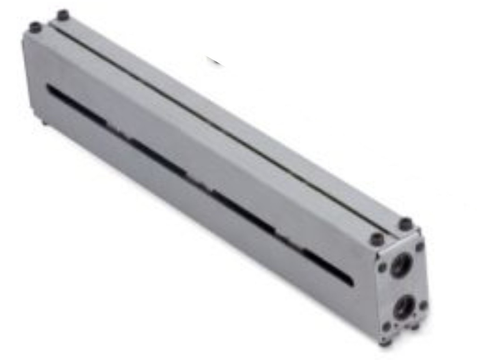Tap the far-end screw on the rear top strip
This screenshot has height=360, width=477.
click(63, 15)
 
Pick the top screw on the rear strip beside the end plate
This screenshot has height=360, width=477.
click(405, 223)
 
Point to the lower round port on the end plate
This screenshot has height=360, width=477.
click(404, 306)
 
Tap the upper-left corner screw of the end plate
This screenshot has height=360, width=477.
click(382, 267)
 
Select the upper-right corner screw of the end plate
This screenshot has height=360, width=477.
click(420, 246)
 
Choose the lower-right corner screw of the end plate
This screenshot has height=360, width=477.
click(423, 306)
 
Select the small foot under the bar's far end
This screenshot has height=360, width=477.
click(45, 122)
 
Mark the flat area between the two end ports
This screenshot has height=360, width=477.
click(402, 287)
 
